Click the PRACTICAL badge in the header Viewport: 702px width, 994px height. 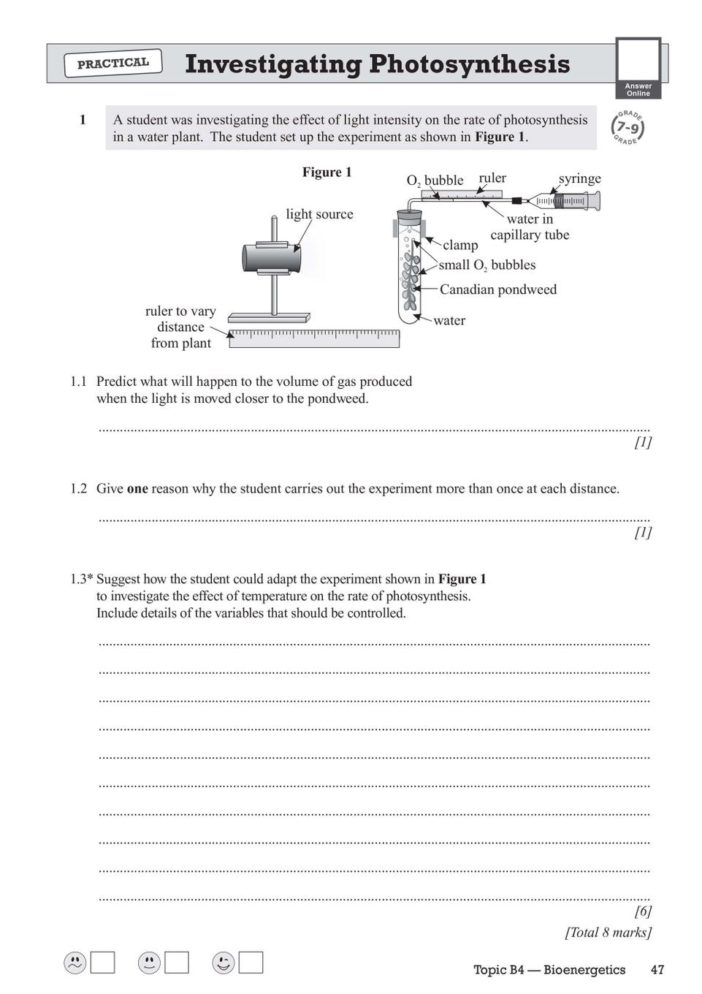(x=113, y=64)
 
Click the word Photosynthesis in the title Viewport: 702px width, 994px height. (x=469, y=64)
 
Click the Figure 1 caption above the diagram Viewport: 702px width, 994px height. (x=327, y=172)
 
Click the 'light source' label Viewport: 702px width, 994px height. (x=319, y=214)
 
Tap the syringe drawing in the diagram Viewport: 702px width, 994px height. (x=570, y=200)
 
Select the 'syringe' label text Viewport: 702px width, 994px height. (x=579, y=178)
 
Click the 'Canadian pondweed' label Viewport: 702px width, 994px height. (x=497, y=289)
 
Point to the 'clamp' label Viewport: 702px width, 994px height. (x=460, y=245)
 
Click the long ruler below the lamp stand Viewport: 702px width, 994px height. (x=314, y=338)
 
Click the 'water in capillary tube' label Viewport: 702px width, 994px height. (x=530, y=227)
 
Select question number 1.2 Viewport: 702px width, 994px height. (x=78, y=489)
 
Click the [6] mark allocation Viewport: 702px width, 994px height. (x=643, y=911)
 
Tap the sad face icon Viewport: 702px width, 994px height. (x=75, y=963)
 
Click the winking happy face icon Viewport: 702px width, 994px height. (x=223, y=963)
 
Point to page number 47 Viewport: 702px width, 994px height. (x=657, y=970)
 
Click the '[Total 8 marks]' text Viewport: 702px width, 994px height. (x=608, y=933)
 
